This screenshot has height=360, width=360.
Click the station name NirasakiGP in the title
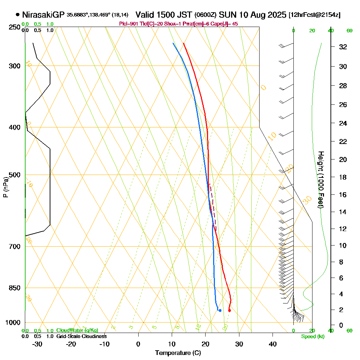pos(43,15)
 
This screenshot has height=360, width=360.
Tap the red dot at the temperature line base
pos(229,310)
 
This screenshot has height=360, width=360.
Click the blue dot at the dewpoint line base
pos(220,310)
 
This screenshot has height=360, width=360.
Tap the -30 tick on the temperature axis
pos(37,344)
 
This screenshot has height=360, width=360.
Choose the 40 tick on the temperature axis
pos(273,344)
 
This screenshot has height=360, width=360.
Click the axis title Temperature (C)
pos(178,353)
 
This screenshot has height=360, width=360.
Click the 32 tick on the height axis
pos(343,46)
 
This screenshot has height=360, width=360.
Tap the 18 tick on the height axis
pos(343,177)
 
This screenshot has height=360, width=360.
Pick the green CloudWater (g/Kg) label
pos(77,330)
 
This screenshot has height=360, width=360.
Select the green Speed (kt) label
pos(312,337)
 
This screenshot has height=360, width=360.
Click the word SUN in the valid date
pos(226,15)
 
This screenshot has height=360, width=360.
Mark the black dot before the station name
pos(18,15)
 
